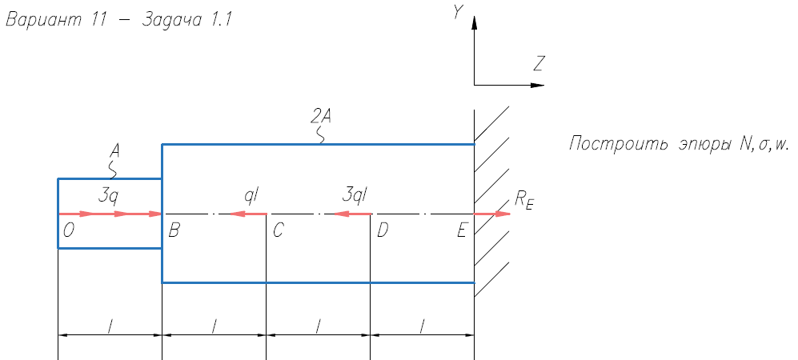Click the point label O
point(69,231)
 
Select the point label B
point(174,231)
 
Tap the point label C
point(278,231)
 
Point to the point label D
point(382,231)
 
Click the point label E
point(461,231)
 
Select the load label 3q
point(110,194)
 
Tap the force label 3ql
point(354,194)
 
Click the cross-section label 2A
point(320,118)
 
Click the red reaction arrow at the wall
point(491,214)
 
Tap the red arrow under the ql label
point(247,214)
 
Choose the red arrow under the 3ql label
point(352,214)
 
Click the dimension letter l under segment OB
point(110,324)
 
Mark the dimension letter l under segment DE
point(422,324)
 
